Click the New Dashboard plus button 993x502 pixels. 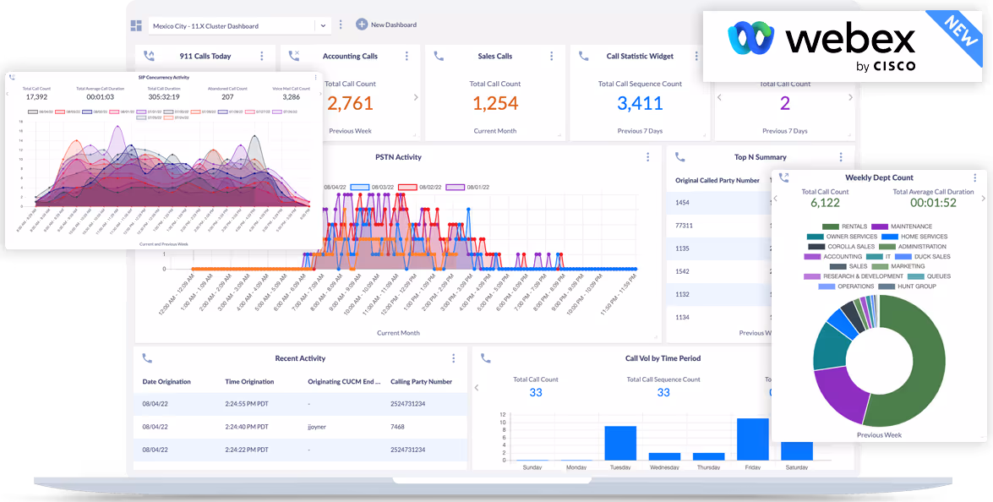click(362, 25)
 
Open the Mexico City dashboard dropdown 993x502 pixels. click(322, 25)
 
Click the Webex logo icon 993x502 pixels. click(751, 38)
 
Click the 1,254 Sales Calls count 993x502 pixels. click(494, 104)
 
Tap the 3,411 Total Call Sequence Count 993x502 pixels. click(640, 104)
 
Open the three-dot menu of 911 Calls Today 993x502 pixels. click(261, 57)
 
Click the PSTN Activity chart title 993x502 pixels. click(398, 157)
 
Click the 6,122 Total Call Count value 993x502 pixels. click(825, 203)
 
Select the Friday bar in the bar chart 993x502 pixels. click(752, 439)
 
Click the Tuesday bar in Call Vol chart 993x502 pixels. click(620, 443)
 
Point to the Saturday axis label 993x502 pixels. click(796, 467)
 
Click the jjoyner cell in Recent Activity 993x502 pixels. click(318, 427)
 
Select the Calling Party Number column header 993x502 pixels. click(421, 382)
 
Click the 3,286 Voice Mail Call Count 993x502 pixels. click(291, 97)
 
